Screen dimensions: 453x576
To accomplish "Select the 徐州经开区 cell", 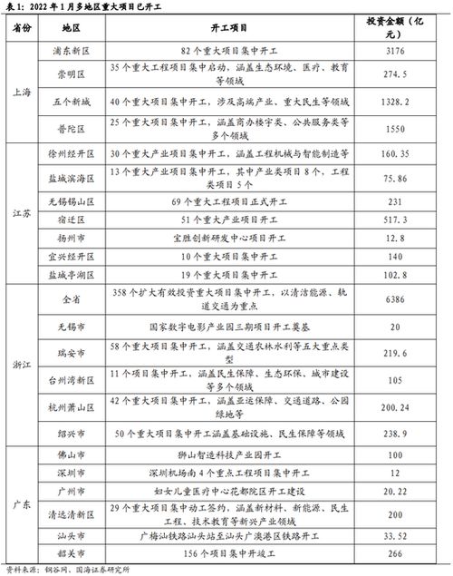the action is coord(75,153).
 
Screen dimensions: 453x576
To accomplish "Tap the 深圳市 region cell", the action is coord(75,473).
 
